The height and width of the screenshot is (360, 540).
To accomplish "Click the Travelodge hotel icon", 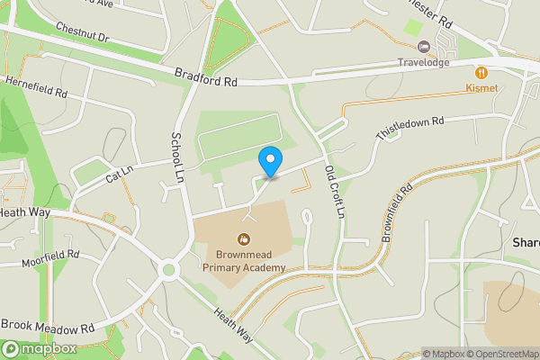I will [x=424, y=47].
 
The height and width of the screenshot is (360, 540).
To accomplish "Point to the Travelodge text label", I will [x=424, y=63].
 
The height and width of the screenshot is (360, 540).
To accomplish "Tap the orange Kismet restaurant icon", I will [x=481, y=71].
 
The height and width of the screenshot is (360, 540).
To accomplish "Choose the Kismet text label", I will [x=481, y=87].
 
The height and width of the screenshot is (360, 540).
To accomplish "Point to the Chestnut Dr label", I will [x=80, y=39].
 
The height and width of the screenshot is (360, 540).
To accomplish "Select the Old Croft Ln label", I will [x=335, y=192].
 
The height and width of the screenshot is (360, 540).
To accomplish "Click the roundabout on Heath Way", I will [x=169, y=269].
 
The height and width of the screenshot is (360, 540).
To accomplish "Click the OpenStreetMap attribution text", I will [x=502, y=354].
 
